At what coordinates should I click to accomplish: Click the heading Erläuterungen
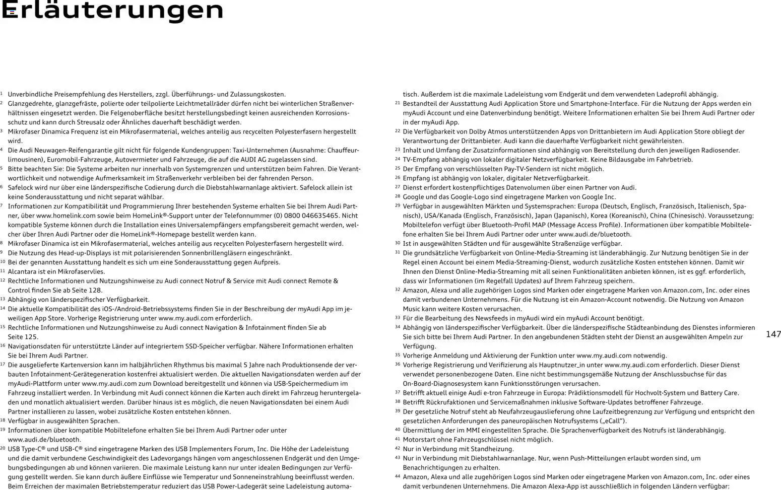tap(112, 10)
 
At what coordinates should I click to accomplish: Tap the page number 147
tap(773, 334)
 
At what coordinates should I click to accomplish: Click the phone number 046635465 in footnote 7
tap(319, 216)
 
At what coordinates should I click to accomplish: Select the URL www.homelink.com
tap(66, 216)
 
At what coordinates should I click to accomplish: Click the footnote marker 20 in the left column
tap(3, 448)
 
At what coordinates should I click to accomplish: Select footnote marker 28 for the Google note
tap(398, 196)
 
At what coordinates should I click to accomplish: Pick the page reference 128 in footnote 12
tap(96, 290)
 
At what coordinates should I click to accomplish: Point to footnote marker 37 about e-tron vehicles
tap(398, 392)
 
